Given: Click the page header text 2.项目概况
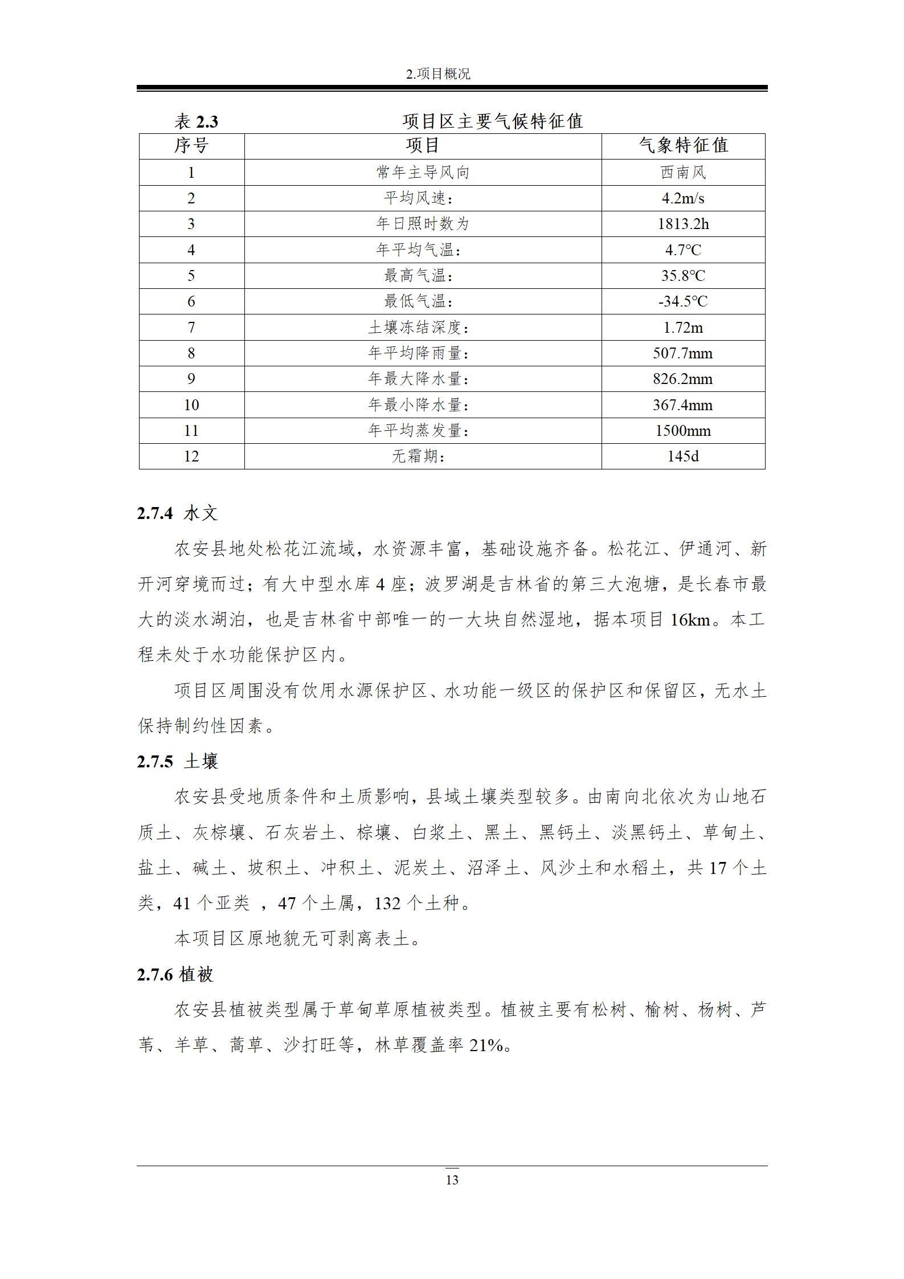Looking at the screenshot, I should tap(438, 74).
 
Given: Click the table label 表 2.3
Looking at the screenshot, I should tap(196, 121).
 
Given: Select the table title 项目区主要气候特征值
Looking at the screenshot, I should tap(493, 121).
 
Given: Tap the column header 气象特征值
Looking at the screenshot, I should tap(683, 146).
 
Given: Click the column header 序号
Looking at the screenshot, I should tap(191, 146).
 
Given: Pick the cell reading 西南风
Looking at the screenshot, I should tap(683, 172).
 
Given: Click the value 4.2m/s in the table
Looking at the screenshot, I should tap(683, 198).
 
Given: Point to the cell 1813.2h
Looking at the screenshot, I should tap(683, 224).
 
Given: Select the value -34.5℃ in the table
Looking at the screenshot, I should tap(683, 301).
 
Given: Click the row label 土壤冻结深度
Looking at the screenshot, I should tap(422, 328).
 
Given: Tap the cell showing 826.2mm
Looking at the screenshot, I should tap(683, 379).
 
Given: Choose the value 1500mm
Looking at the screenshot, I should tap(683, 431).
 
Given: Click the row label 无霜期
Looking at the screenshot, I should tap(419, 456).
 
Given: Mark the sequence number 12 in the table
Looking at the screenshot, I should tap(191, 456).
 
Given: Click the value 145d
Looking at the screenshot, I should tap(683, 456).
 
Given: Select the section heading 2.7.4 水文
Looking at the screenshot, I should tap(177, 513).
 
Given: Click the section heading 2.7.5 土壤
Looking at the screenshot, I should tap(177, 762).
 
